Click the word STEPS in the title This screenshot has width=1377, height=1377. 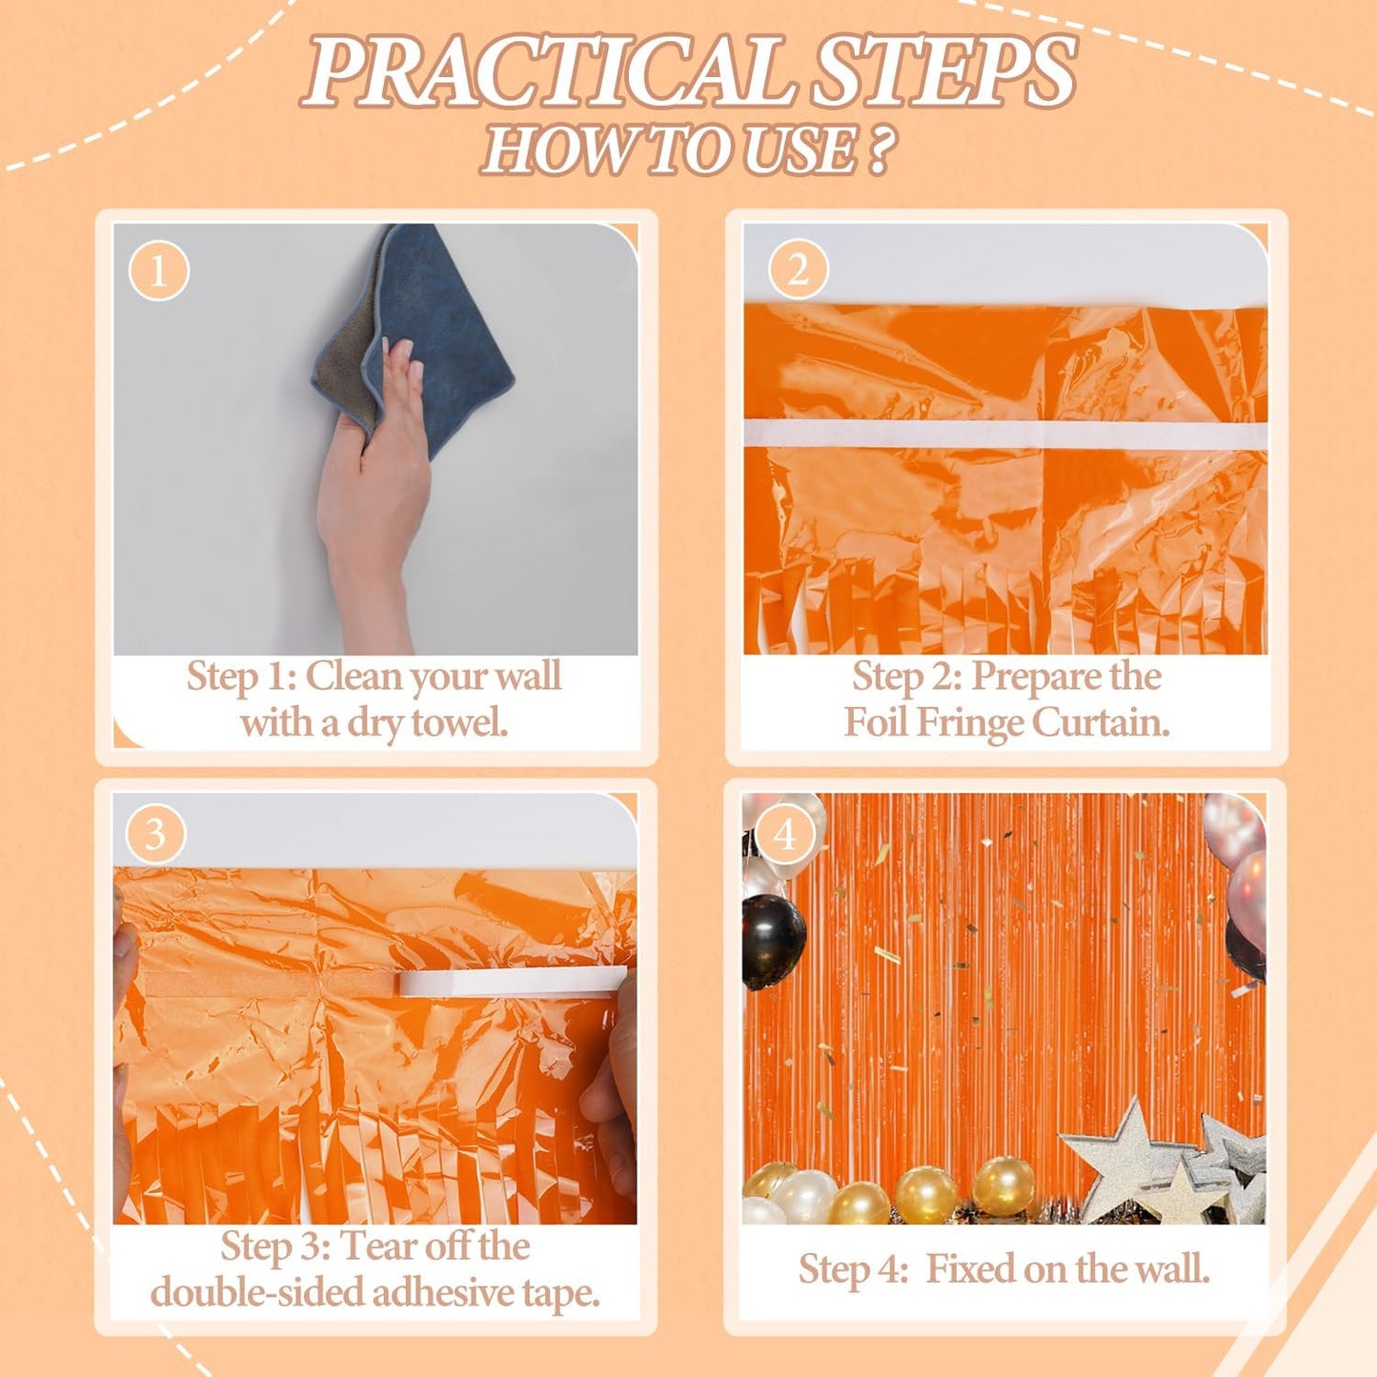[x=944, y=72]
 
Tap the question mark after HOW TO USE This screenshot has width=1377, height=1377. [x=879, y=151]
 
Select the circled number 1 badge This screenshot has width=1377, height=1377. [x=158, y=271]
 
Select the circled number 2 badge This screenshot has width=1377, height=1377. [x=797, y=270]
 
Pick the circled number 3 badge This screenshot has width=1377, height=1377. [x=155, y=835]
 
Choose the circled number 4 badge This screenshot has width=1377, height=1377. [x=784, y=835]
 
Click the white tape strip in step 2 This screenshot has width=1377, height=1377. [x=1005, y=435]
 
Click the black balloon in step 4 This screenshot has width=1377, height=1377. [x=773, y=940]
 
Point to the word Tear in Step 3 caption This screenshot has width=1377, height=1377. [x=378, y=1246]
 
